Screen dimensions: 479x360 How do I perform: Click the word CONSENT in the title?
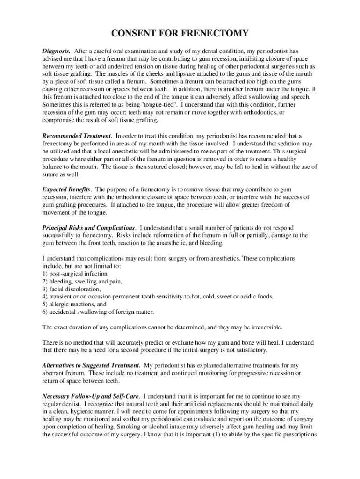pos(135,34)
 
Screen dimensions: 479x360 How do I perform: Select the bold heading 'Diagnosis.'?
pos(57,51)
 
